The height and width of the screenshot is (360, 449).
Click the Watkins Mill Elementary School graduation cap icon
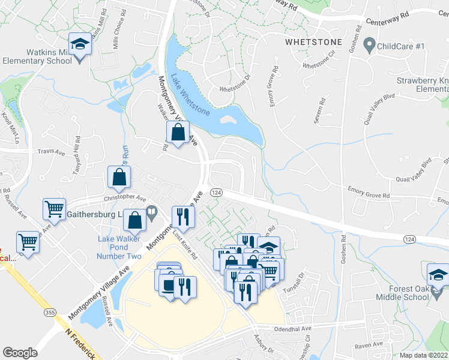point(79,44)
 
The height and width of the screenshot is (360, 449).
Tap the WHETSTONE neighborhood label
point(313,43)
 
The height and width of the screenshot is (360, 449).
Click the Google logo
point(20,353)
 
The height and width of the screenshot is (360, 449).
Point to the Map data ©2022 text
point(423,355)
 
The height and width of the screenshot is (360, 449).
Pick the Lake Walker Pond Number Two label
point(120,248)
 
